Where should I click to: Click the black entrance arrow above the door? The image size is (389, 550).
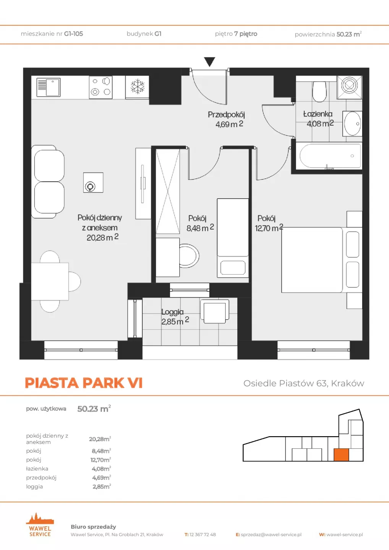[x=209, y=61]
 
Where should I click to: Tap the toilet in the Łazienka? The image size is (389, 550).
[x=319, y=91]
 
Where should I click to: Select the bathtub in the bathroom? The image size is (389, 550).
[x=329, y=156]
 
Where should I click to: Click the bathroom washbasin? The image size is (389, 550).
[x=352, y=123]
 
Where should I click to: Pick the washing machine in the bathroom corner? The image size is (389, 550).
[x=349, y=87]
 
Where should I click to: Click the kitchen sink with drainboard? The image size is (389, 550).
[x=49, y=87]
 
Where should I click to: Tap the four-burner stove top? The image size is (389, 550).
[x=100, y=87]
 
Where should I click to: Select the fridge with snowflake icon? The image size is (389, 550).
[x=137, y=87]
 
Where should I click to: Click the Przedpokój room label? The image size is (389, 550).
[x=226, y=115]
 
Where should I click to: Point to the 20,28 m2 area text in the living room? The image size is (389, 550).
[x=102, y=238]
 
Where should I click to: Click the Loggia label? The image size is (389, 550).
[x=172, y=312]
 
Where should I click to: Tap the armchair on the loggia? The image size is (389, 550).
[x=215, y=311]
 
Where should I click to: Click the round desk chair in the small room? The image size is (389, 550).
[x=189, y=256]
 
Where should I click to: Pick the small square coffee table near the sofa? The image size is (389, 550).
[x=93, y=183]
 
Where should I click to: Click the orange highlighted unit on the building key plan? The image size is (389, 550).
[x=341, y=455]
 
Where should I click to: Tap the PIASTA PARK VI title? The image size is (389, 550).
[x=84, y=383]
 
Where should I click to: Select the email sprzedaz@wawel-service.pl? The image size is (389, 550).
[x=271, y=535]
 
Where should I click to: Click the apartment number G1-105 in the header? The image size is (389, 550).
[x=73, y=34]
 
